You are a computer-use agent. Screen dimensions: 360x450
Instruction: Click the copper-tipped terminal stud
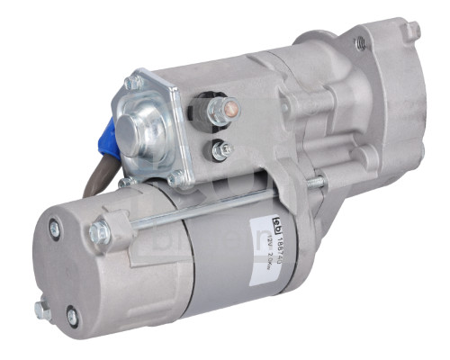pyautogui.click(x=229, y=110)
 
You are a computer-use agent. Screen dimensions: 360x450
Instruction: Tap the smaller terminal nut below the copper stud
pyautogui.click(x=219, y=149)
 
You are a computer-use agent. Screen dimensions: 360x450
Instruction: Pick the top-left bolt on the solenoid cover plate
pyautogui.click(x=135, y=83)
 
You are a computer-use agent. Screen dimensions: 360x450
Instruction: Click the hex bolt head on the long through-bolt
pyautogui.click(x=98, y=236)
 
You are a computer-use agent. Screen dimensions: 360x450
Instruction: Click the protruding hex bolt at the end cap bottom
pyautogui.click(x=42, y=310)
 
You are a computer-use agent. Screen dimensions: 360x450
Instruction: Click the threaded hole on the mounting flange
pyautogui.click(x=360, y=41)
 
